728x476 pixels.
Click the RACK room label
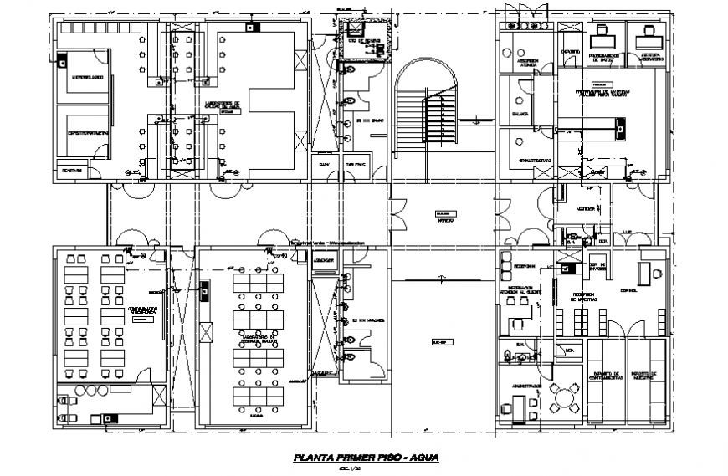pyautogui.click(x=325, y=166)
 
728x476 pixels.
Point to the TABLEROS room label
pyautogui.click(x=355, y=166)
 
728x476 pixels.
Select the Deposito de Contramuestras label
pyautogui.click(x=606, y=376)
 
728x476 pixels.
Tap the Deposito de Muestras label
pyautogui.click(x=646, y=376)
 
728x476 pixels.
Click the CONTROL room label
pyautogui.click(x=628, y=290)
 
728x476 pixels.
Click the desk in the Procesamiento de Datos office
pyautogui.click(x=599, y=37)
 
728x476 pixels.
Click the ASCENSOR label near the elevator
pyautogui.click(x=323, y=260)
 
